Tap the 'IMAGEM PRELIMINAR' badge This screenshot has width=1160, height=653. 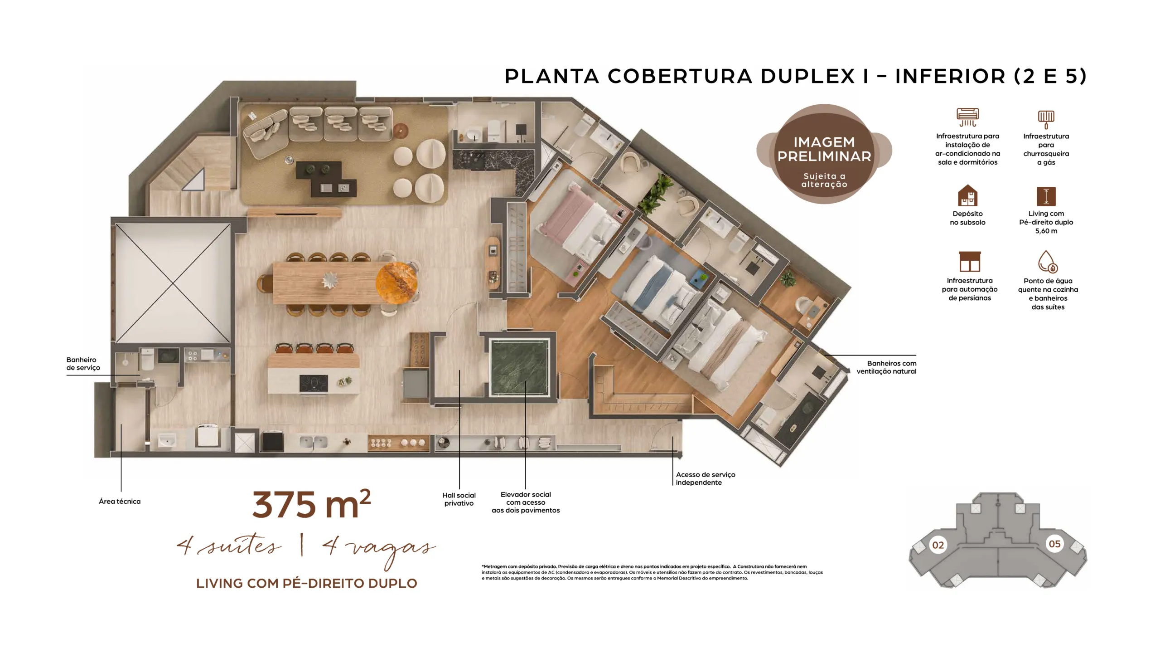[x=824, y=154]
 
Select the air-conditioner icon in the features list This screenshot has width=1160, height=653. [x=967, y=117]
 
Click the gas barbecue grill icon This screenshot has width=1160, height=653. [x=1046, y=119]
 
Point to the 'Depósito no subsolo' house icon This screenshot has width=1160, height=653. [x=967, y=195]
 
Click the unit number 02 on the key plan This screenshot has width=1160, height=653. [x=938, y=545]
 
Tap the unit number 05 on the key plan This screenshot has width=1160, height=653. [x=1054, y=544]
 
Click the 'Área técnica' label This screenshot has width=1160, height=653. [x=120, y=501]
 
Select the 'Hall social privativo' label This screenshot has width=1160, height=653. [x=459, y=499]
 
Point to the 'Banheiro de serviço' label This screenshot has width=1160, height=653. [x=83, y=364]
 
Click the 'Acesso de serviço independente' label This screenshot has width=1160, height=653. [x=705, y=478]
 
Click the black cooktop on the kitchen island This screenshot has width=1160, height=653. [x=314, y=384]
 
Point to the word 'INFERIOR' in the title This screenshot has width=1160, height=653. [x=950, y=76]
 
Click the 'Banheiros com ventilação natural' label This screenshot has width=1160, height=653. [x=886, y=367]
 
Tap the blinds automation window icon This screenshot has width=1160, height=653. [x=970, y=262]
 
